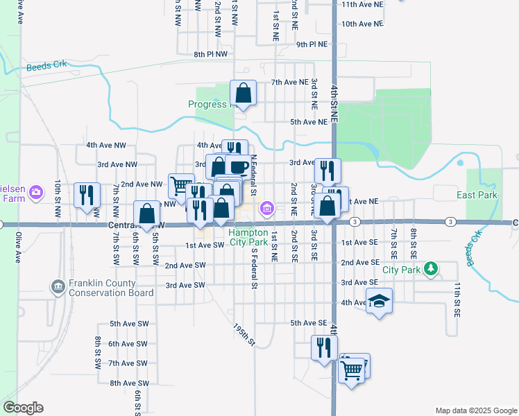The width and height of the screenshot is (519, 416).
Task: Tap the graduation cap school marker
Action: click(x=379, y=301)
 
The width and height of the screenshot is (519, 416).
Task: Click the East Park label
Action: click(x=477, y=196)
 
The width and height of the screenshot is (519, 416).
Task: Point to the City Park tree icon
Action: click(x=431, y=268)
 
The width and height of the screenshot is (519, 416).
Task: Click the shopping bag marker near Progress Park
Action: click(x=244, y=92)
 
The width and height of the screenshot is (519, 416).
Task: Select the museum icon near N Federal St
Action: click(x=266, y=209)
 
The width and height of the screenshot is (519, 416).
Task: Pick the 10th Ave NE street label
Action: click(x=362, y=24)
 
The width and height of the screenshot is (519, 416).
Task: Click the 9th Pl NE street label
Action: click(x=312, y=44)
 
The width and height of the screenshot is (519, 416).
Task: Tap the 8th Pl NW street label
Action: click(x=211, y=53)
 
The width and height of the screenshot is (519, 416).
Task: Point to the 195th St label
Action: click(x=244, y=334)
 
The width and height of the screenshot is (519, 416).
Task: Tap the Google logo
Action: click(x=23, y=408)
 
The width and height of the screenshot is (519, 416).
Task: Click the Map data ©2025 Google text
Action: click(x=475, y=410)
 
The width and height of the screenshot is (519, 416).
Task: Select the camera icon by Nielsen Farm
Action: click(x=37, y=191)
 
